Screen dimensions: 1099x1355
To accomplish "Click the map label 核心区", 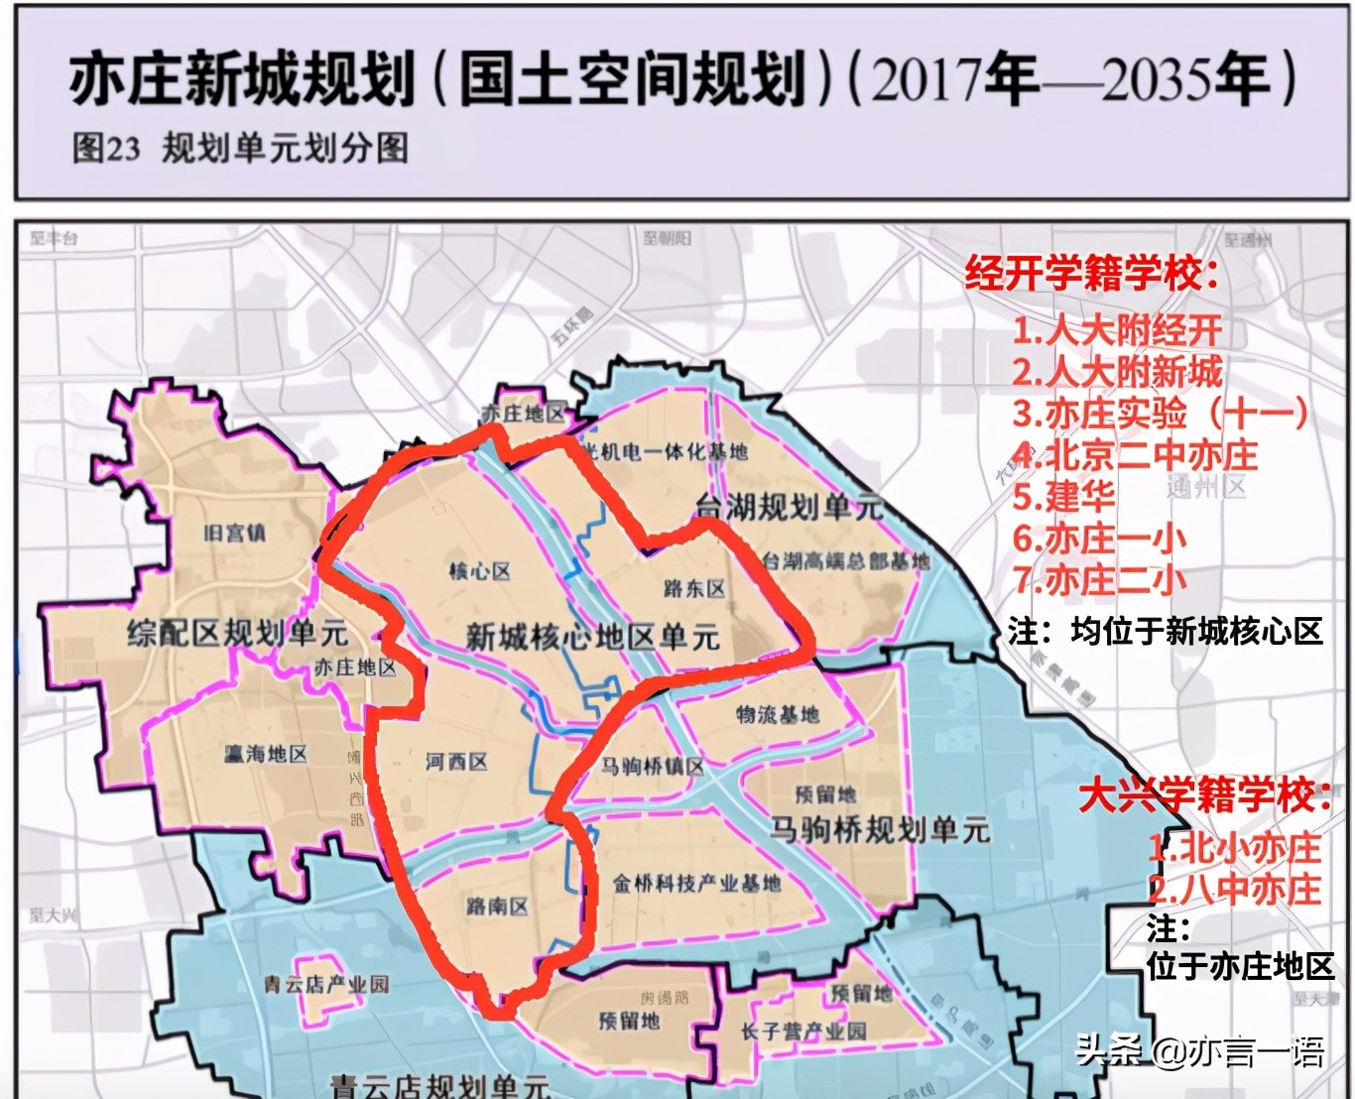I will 479,571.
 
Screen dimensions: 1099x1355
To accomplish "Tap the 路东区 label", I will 694,588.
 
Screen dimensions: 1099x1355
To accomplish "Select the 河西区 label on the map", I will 456,762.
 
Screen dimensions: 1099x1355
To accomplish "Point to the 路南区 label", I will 497,906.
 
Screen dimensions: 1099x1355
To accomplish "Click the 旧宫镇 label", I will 235,533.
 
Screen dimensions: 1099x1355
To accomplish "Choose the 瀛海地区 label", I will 265,754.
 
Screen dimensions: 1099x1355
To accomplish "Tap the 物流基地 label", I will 778,713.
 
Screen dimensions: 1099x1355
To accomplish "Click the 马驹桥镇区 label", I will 653,766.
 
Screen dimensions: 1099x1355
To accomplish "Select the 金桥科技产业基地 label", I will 696,882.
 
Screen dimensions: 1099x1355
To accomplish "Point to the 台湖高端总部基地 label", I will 846,561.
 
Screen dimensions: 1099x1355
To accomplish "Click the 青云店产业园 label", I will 326,984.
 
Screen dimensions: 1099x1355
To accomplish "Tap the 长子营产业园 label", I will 803,1031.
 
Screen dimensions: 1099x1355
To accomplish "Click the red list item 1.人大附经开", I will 1117,330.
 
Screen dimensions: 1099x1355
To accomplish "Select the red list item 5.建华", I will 1064,496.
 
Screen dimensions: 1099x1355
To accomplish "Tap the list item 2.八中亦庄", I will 1235,889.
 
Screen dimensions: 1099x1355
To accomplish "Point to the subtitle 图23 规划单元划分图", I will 240,149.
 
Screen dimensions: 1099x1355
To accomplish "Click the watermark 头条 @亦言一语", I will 1200,1051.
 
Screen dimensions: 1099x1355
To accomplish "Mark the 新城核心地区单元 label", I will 592,637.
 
